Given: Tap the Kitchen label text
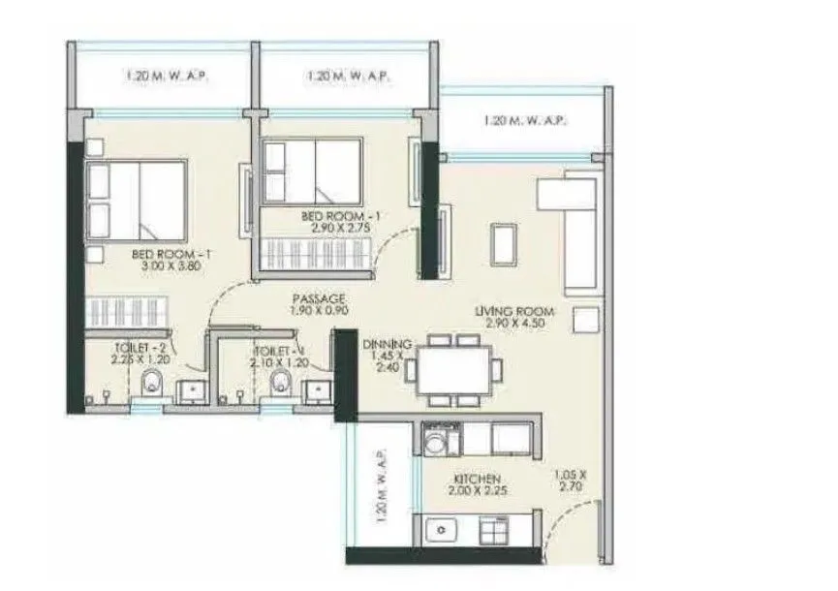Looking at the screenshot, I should [477, 479].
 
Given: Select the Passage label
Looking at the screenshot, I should [318, 299].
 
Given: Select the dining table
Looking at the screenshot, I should [452, 369].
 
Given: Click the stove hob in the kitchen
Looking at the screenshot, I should [496, 532].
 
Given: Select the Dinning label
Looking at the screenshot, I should [388, 344].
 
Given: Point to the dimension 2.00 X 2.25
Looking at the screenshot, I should [477, 491].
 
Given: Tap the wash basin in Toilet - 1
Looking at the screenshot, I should [317, 389].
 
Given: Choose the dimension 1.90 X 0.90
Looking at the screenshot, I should [318, 311].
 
